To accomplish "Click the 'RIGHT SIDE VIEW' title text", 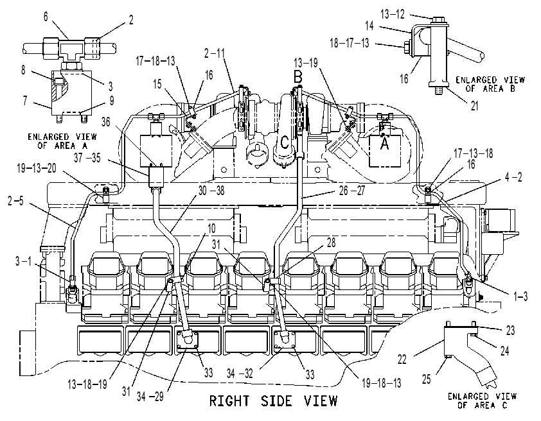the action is [273, 401].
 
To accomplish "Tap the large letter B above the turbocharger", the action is [297, 76].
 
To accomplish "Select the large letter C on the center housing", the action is [285, 142].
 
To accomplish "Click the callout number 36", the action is [105, 121].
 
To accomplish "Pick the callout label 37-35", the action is [87, 158].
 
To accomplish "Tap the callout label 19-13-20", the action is [37, 169].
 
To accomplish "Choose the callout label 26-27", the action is [352, 191].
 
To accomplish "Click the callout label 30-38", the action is [211, 191].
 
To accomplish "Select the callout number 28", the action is [331, 243].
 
